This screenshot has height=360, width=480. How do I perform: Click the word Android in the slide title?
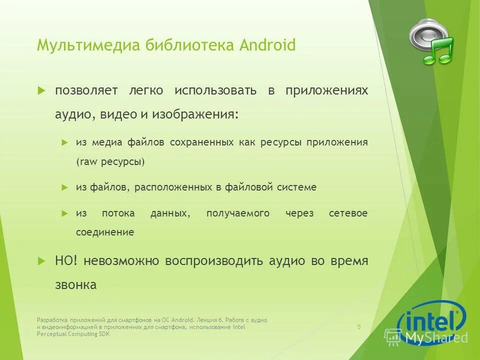click(267, 45)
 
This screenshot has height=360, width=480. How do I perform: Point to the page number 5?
click(359, 327)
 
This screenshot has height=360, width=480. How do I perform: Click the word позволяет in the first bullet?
click(86, 90)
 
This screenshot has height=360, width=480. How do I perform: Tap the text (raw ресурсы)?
click(110, 162)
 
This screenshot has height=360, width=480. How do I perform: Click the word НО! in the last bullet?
click(66, 260)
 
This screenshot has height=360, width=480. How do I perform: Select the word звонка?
click(75, 285)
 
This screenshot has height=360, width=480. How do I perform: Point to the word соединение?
click(105, 232)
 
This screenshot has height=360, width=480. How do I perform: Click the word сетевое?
click(348, 213)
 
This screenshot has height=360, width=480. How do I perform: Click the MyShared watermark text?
click(436, 337)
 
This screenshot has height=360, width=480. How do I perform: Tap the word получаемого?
click(238, 213)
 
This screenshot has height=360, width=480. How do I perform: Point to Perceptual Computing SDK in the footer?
click(73, 334)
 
